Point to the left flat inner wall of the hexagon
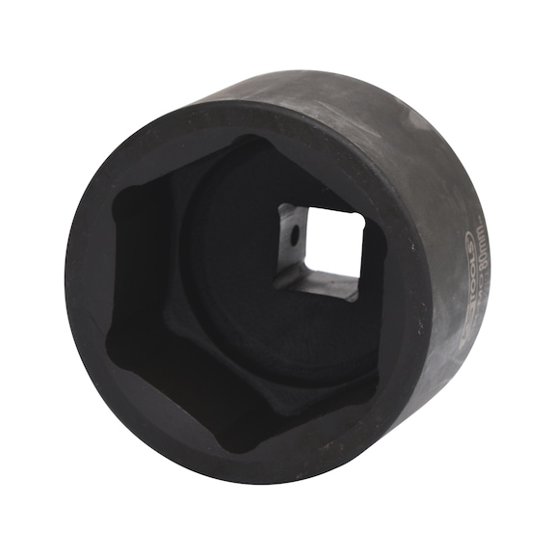point(135,275)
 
